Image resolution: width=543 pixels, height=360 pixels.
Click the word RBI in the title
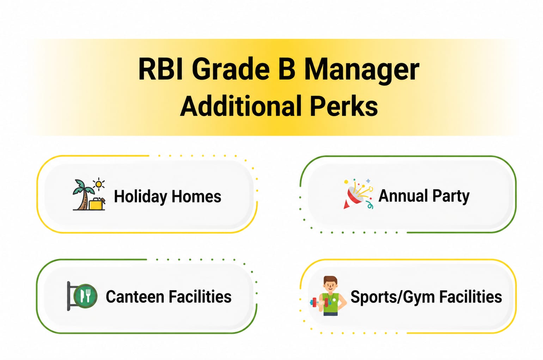(160, 69)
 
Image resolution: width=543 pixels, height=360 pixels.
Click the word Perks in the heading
(344, 106)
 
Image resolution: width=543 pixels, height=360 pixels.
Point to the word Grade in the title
(231, 69)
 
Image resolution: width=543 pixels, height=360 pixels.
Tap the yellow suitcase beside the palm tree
(97, 204)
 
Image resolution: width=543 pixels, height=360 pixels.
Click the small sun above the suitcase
(99, 184)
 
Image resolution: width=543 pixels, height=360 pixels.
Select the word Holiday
(140, 197)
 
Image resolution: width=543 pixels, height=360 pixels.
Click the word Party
(451, 196)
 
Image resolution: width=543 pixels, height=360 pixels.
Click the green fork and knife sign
(85, 296)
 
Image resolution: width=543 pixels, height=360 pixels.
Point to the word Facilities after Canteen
(200, 297)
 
